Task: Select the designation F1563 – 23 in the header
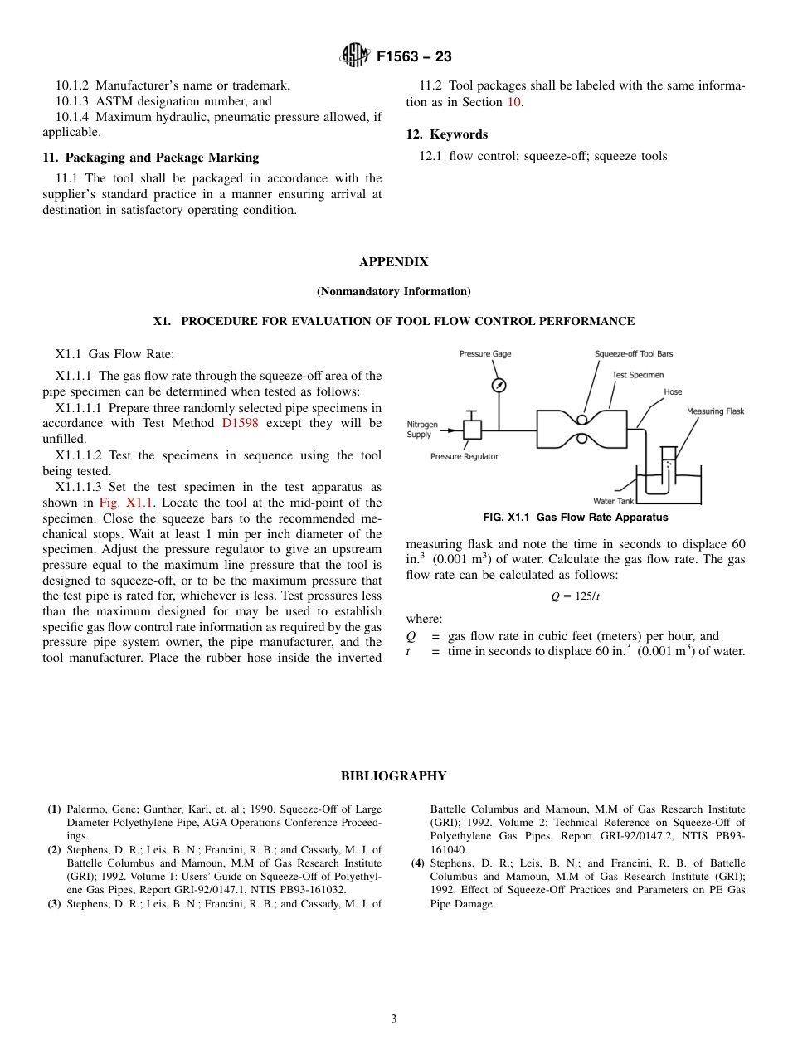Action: pyautogui.click(x=414, y=57)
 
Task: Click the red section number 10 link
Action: pyautogui.click(x=514, y=102)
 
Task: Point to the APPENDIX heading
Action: pyautogui.click(x=393, y=262)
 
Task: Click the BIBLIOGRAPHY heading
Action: pyautogui.click(x=393, y=776)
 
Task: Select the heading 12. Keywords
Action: pyautogui.click(x=446, y=134)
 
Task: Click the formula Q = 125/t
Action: pyautogui.click(x=575, y=596)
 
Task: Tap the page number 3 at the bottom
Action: pyautogui.click(x=394, y=1019)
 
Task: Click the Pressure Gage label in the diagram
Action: pyautogui.click(x=485, y=354)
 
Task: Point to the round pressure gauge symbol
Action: pyautogui.click(x=499, y=385)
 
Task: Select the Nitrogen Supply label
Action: pyautogui.click(x=422, y=430)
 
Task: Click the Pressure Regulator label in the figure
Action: pyautogui.click(x=465, y=456)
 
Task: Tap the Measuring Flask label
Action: pyautogui.click(x=715, y=411)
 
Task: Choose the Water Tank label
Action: pyautogui.click(x=614, y=501)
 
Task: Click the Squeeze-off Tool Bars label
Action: pyautogui.click(x=634, y=354)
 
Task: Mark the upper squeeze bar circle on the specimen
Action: pyautogui.click(x=583, y=420)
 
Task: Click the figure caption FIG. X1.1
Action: pyautogui.click(x=575, y=518)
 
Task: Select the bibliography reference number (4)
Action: pyautogui.click(x=418, y=863)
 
